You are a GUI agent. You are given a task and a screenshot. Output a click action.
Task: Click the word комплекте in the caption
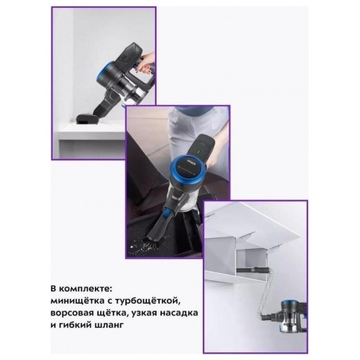click(x=85, y=290)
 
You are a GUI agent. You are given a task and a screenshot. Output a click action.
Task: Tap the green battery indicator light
click(x=197, y=151)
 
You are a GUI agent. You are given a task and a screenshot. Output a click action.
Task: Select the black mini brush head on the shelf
click(x=87, y=120)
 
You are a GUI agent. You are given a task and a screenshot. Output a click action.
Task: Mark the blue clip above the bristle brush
click(x=165, y=212)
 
